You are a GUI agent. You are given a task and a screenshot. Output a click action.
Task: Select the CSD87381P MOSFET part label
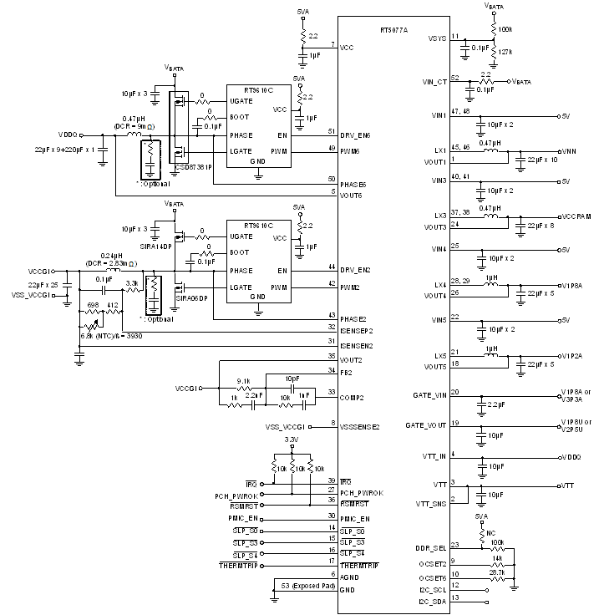coord(194,166)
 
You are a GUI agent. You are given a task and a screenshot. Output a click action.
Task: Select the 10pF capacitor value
coord(292,378)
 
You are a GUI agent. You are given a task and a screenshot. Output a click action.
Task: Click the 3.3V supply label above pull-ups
coord(292,439)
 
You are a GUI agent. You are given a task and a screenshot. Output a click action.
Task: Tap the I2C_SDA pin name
coord(431,599)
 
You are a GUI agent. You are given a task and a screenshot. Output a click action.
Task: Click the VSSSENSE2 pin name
coord(359,426)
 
